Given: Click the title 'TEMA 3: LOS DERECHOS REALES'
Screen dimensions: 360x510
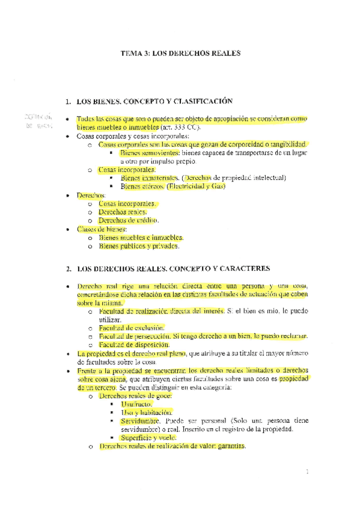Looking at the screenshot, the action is (x=180, y=54).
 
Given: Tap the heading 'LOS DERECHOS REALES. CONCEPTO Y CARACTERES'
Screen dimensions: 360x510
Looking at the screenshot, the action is (x=175, y=268).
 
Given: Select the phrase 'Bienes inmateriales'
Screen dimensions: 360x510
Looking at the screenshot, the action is (x=144, y=179).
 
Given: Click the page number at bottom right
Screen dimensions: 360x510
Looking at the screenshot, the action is (x=307, y=472).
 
